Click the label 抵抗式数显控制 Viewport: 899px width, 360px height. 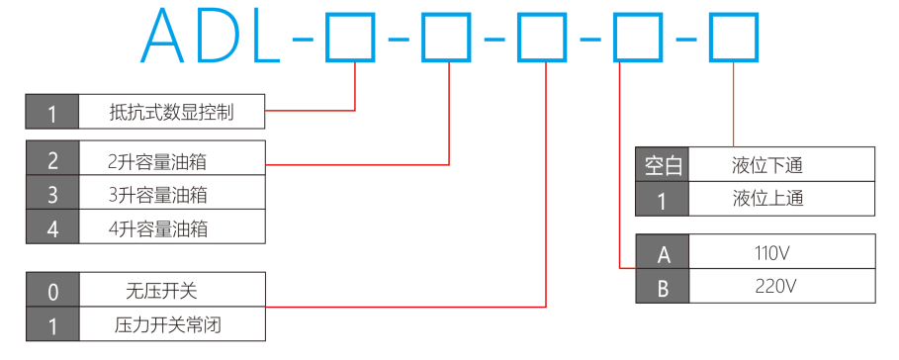pyautogui.click(x=171, y=112)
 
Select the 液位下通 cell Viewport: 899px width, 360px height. pyautogui.click(x=781, y=165)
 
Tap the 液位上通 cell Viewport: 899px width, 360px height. pyautogui.click(x=781, y=199)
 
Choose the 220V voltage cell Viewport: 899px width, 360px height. pyautogui.click(x=781, y=286)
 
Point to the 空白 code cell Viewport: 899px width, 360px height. pyautogui.click(x=663, y=165)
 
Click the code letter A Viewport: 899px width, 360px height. pyautogui.click(x=663, y=253)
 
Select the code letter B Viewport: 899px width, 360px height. pyautogui.click(x=663, y=287)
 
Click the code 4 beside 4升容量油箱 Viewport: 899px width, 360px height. pyautogui.click(x=52, y=229)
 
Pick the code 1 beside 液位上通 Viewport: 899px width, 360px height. pyautogui.click(x=663, y=200)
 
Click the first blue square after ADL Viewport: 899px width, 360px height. pyautogui.click(x=350, y=38)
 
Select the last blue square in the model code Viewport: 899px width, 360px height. pyautogui.click(x=734, y=38)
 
